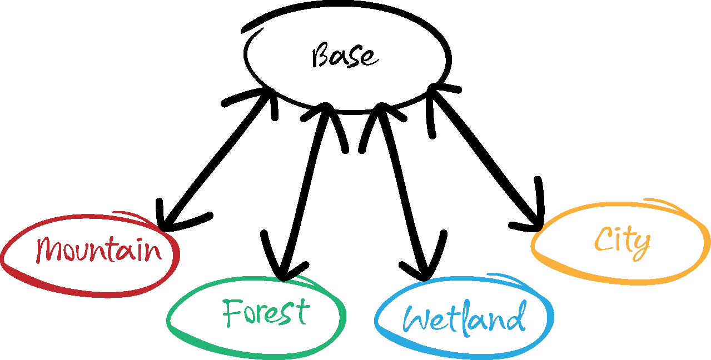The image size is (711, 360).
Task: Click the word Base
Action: [x=345, y=57]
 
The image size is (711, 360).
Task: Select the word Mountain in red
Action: [x=99, y=250]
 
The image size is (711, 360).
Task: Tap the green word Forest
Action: [x=265, y=312]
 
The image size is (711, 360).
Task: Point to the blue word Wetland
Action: [x=464, y=319]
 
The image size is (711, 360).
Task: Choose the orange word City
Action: [x=622, y=241]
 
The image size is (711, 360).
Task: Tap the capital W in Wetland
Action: [x=416, y=319]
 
